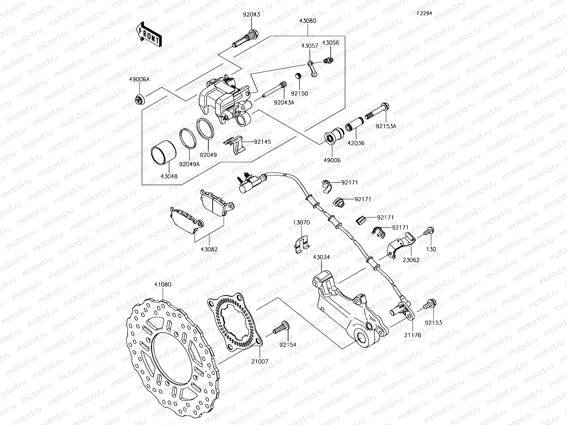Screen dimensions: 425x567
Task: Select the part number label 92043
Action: pos(251,15)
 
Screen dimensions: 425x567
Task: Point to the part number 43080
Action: pos(308,21)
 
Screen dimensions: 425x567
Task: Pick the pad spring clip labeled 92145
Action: pos(237,144)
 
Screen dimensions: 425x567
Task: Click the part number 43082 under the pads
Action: pos(209,249)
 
